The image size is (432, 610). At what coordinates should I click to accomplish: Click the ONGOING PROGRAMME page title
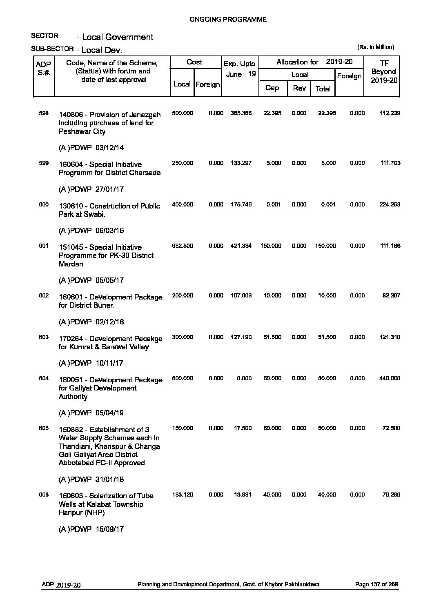pyautogui.click(x=228, y=19)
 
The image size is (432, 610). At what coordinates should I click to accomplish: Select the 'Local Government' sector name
pyautogui.click(x=118, y=37)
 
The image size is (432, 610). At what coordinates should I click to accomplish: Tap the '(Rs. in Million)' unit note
pyautogui.click(x=376, y=47)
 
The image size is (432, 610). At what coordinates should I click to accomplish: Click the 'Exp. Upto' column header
pyautogui.click(x=240, y=64)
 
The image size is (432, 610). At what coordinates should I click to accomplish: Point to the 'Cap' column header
pyautogui.click(x=272, y=88)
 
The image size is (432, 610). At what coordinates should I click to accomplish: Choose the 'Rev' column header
pyautogui.click(x=299, y=88)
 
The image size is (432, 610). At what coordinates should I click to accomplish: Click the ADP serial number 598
pyautogui.click(x=44, y=113)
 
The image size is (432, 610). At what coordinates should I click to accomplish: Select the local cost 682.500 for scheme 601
pyautogui.click(x=183, y=246)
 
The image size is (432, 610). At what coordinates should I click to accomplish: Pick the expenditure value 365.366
pyautogui.click(x=241, y=113)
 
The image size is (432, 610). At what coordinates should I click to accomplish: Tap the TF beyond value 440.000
pyautogui.click(x=390, y=378)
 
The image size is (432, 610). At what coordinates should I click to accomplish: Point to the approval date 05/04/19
pyautogui.click(x=109, y=413)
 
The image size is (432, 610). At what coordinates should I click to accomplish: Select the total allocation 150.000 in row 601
pyautogui.click(x=325, y=246)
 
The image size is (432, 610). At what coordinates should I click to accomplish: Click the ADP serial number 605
pyautogui.click(x=44, y=428)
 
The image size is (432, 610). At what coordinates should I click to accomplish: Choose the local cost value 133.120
pyautogui.click(x=183, y=495)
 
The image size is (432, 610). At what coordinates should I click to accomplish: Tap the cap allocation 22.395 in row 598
pyautogui.click(x=272, y=113)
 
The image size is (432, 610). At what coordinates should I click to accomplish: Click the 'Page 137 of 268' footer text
pyautogui.click(x=377, y=584)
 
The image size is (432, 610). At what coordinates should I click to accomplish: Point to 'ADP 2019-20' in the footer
pyautogui.click(x=61, y=585)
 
